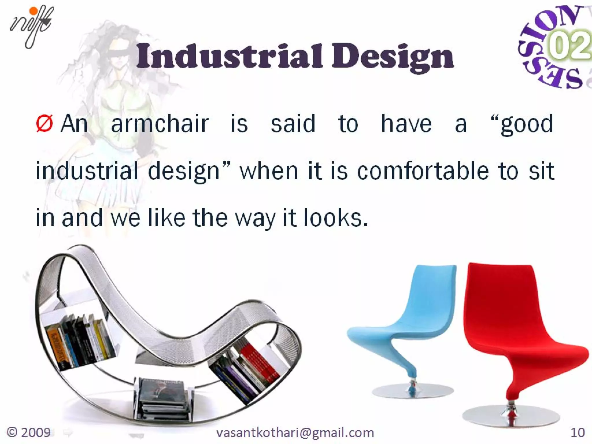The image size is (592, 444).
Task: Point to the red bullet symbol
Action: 44,124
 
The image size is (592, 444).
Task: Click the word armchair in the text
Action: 160,124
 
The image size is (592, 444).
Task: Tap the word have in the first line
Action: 406,124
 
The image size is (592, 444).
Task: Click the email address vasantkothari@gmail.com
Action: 295,433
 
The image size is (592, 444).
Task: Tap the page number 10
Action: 577,433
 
